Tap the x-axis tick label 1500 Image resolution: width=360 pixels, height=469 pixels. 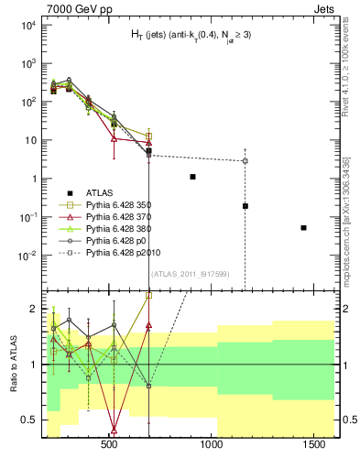316,444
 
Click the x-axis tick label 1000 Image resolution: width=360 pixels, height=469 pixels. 213,444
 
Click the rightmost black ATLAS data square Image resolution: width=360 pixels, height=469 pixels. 303,227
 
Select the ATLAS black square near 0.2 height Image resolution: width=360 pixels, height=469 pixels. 245,206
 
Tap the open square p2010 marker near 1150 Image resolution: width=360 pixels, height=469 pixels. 245,161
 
